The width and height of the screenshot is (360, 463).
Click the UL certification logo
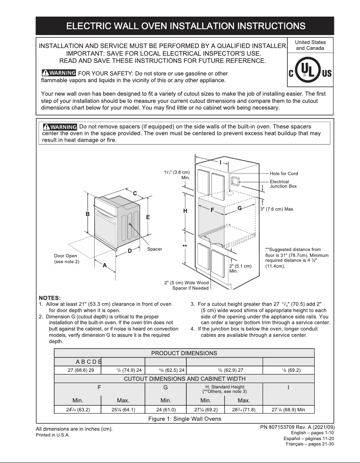point(310,73)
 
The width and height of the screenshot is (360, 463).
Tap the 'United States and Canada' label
point(311,45)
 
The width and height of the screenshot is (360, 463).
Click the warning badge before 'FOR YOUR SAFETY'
point(58,73)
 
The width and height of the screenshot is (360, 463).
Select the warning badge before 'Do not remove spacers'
point(60,127)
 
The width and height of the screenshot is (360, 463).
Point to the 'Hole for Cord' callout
point(284,173)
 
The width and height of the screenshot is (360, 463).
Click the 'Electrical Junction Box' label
point(283,184)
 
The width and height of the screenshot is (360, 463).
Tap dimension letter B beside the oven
point(88,214)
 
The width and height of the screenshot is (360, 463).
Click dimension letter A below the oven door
point(105,265)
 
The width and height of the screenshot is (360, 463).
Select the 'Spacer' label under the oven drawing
point(154,249)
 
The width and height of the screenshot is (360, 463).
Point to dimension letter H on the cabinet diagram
point(185,211)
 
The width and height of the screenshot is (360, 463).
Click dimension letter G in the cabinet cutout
point(240,208)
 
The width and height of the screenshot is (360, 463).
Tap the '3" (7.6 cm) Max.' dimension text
point(277,209)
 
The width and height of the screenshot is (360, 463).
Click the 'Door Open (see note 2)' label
point(66,259)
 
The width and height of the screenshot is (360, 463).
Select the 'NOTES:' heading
point(50,298)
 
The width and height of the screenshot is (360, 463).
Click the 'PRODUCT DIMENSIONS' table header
point(184,353)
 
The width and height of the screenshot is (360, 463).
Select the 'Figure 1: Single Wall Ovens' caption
point(184,419)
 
